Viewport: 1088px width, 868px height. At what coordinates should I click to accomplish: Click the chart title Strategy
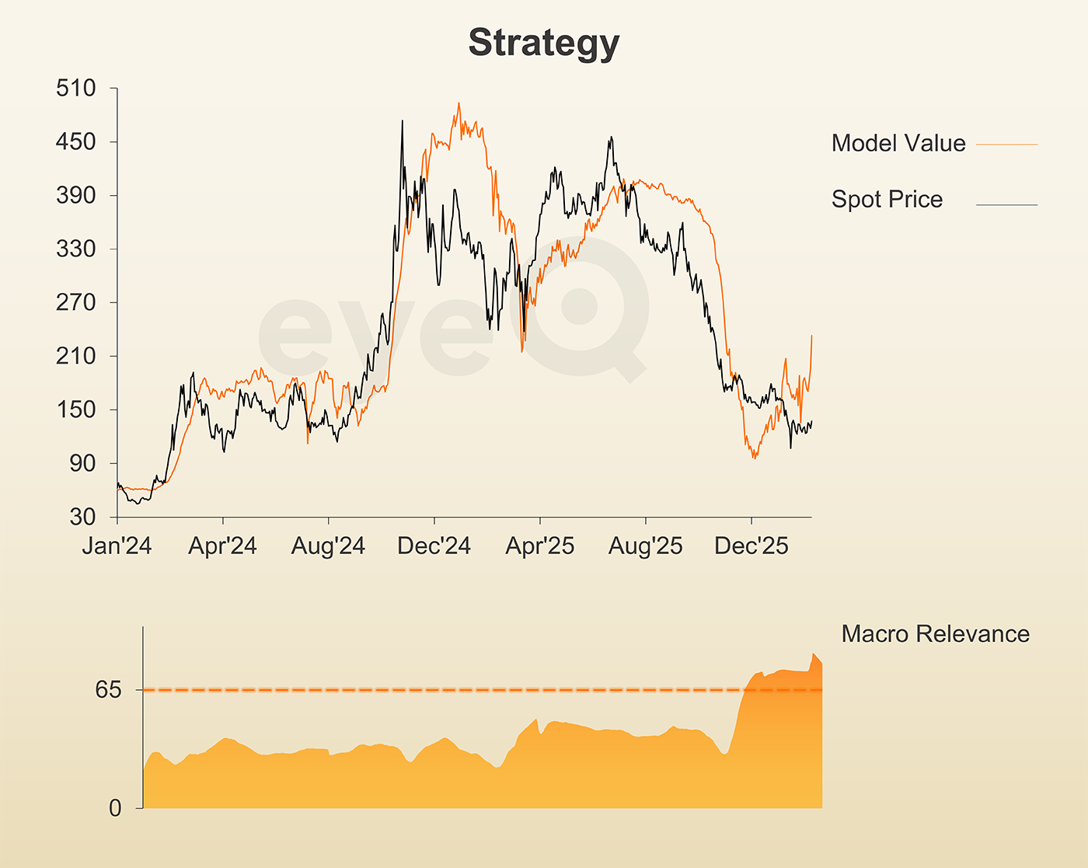coord(543,44)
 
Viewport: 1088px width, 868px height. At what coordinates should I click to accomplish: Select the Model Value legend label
coord(898,143)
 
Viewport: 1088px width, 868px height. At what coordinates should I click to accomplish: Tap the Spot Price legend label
coord(887,200)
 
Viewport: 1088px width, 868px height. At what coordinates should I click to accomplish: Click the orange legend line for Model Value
coord(1006,145)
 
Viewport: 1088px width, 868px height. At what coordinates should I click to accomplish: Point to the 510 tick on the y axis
coord(76,89)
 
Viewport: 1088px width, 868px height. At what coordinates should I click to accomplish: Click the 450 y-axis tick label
coord(76,142)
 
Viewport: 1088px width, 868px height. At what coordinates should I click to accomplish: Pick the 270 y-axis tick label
coord(76,302)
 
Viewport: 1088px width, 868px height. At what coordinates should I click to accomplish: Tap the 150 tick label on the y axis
coord(76,410)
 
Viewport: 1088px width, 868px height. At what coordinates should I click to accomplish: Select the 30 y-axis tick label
coord(83,517)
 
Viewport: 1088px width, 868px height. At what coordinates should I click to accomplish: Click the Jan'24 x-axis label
coord(117,546)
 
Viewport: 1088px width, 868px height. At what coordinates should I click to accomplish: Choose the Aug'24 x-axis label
coord(328,546)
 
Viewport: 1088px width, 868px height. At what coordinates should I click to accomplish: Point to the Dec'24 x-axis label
coord(434,546)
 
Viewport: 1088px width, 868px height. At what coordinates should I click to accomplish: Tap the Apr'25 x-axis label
coord(540,546)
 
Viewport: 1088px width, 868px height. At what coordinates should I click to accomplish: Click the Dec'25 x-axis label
coord(751,546)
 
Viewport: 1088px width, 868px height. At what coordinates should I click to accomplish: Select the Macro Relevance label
coord(935,634)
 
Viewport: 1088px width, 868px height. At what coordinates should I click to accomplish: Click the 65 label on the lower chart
coord(109,690)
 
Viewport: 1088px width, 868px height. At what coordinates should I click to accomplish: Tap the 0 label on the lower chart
coord(115,809)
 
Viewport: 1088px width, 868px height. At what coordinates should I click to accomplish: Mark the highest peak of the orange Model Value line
coord(459,103)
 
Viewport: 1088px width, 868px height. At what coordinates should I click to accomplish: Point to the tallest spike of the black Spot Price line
coord(402,121)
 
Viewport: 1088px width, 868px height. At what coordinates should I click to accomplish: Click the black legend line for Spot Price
coord(1006,205)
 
